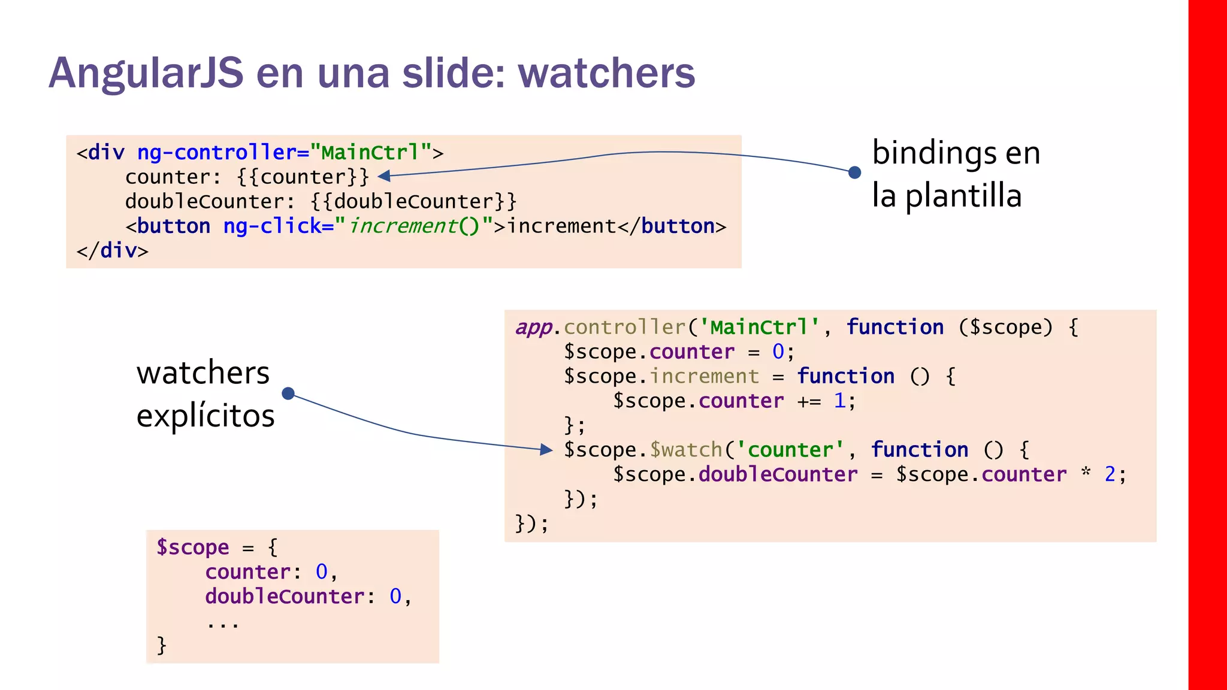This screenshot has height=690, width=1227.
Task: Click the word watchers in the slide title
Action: pos(606,73)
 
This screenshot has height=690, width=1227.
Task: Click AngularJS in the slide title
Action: pos(146,73)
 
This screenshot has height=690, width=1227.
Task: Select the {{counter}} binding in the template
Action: pos(303,177)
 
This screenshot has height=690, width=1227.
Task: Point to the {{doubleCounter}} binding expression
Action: pos(413,202)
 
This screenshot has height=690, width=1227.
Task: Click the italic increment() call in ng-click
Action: pos(413,226)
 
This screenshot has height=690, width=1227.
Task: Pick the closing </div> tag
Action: pos(112,251)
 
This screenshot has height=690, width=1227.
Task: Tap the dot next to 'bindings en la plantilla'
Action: pos(855,172)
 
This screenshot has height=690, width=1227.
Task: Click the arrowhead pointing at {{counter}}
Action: pos(384,175)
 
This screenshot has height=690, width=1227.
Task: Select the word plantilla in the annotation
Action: pos(963,196)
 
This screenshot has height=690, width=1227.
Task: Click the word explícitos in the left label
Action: pos(205,416)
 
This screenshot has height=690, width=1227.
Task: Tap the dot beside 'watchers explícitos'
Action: pos(288,394)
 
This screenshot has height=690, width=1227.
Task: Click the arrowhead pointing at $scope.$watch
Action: pos(546,449)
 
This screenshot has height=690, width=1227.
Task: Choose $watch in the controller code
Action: pos(687,450)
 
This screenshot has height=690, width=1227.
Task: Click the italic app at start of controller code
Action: pos(533,328)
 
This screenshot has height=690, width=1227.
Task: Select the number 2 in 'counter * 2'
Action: pos(1110,474)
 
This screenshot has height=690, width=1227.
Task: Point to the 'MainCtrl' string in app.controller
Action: pos(760,328)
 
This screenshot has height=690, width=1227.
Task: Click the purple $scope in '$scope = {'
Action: pos(192,547)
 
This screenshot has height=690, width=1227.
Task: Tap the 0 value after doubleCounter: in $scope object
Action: pos(395,597)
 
